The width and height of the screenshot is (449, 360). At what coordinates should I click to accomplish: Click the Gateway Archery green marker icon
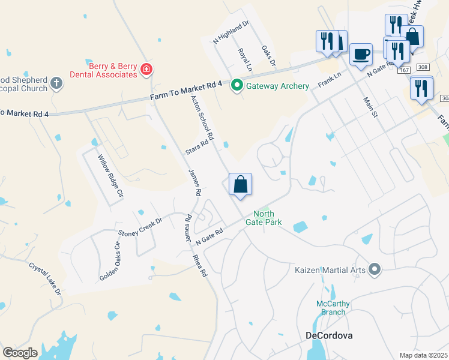[237, 86]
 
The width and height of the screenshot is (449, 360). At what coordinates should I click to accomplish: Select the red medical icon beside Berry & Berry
[146, 70]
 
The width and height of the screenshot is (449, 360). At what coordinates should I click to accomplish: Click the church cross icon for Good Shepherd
[56, 83]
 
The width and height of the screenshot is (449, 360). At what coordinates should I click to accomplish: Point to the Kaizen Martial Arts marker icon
[375, 269]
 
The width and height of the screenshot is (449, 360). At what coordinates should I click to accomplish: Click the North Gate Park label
[267, 218]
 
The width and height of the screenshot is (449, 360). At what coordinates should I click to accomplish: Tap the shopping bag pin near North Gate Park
[240, 185]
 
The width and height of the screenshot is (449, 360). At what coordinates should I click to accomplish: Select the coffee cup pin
[361, 54]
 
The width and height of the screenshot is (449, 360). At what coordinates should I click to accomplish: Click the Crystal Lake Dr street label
[45, 278]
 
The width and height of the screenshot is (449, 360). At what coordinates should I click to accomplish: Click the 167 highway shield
[403, 71]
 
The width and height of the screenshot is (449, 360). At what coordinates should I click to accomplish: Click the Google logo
[20, 352]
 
